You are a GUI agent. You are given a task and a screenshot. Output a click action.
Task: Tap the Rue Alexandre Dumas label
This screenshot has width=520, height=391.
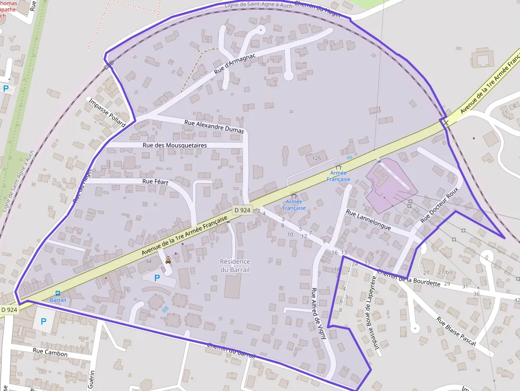pos(214,126)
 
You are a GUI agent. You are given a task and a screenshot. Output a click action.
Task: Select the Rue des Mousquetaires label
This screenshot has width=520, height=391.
pos(175,145)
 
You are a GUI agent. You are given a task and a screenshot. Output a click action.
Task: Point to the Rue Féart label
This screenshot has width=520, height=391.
pos(155,181)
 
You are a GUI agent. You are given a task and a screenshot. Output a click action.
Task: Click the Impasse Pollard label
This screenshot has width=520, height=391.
pos(107,112)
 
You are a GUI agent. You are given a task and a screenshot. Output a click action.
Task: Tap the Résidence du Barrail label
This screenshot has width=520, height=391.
pos(235,265)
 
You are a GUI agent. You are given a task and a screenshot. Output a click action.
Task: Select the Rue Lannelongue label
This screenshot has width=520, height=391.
pos(368,220)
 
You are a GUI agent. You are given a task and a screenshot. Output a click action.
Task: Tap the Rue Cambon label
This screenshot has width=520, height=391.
pos(50,352)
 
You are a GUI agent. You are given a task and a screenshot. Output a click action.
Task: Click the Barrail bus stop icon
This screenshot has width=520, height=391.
pos(58,293)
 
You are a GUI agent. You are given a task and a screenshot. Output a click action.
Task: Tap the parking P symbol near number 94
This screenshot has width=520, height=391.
pos(157,277)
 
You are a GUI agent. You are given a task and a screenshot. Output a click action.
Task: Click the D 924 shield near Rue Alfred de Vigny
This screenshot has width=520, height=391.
pos(242,210)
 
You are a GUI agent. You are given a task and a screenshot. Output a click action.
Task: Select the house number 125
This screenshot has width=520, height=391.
pos(317,158)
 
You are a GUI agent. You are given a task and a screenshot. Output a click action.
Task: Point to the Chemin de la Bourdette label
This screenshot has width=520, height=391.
pos(409,278)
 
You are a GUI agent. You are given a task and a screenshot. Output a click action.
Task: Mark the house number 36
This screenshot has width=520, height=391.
pos(476,294)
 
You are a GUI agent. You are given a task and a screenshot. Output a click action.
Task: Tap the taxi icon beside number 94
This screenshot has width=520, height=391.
pos(168,260)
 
